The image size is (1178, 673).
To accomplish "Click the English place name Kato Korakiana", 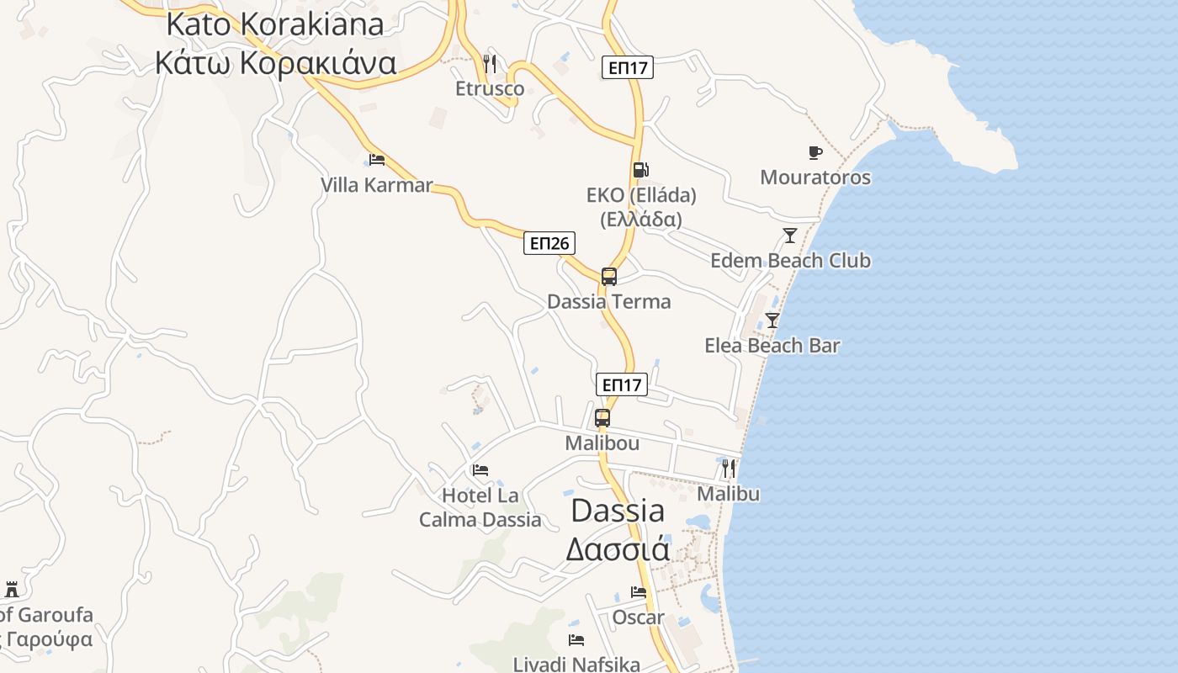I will tap(275, 24).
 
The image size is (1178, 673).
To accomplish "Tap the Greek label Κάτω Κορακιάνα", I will tap(275, 62).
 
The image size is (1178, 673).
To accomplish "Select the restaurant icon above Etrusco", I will tap(490, 63).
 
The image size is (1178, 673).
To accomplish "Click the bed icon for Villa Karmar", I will tap(377, 159).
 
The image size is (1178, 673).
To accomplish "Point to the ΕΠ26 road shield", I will tap(549, 244).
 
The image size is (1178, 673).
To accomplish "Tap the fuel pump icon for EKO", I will tap(640, 170).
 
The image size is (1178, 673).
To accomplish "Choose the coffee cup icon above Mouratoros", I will tap(815, 152).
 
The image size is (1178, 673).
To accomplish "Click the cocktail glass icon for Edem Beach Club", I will tap(789, 236).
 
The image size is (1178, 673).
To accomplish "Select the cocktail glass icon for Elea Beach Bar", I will tap(772, 321).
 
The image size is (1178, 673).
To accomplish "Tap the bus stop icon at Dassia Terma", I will tap(608, 276).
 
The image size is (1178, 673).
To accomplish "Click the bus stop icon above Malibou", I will tap(602, 417).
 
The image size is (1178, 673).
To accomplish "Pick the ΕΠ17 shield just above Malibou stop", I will tap(622, 385).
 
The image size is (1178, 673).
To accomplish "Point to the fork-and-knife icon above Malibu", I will tap(729, 469).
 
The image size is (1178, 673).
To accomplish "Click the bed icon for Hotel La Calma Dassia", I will tap(480, 470).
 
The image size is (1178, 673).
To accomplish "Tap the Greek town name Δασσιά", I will tap(618, 549).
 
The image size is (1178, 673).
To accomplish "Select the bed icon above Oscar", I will tap(639, 592).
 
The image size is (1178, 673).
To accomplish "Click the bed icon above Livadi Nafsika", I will tap(576, 640).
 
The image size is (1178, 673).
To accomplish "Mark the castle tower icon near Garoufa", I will tap(12, 589).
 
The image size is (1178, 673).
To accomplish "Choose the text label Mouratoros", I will tap(815, 178).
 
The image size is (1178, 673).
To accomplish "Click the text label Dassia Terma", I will tap(608, 302).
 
